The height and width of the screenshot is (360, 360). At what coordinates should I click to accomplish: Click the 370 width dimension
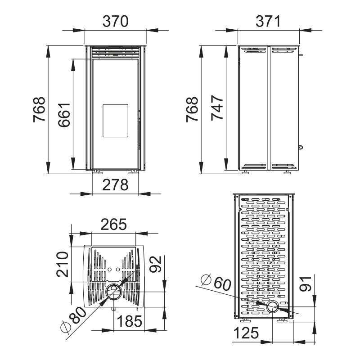(115, 21)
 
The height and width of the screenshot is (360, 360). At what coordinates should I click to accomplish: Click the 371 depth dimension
(268, 21)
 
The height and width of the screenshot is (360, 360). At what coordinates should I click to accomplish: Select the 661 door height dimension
(64, 115)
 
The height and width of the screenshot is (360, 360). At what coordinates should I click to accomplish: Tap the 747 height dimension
(217, 108)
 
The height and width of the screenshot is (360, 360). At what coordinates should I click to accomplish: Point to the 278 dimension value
(115, 185)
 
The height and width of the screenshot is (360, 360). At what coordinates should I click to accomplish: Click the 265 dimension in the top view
(114, 224)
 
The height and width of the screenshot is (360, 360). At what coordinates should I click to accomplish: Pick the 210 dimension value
(63, 265)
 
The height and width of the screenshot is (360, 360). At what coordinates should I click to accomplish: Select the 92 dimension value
(156, 264)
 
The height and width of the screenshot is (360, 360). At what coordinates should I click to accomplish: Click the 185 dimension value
(130, 321)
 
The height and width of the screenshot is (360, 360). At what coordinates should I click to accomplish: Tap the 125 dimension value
(246, 333)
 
